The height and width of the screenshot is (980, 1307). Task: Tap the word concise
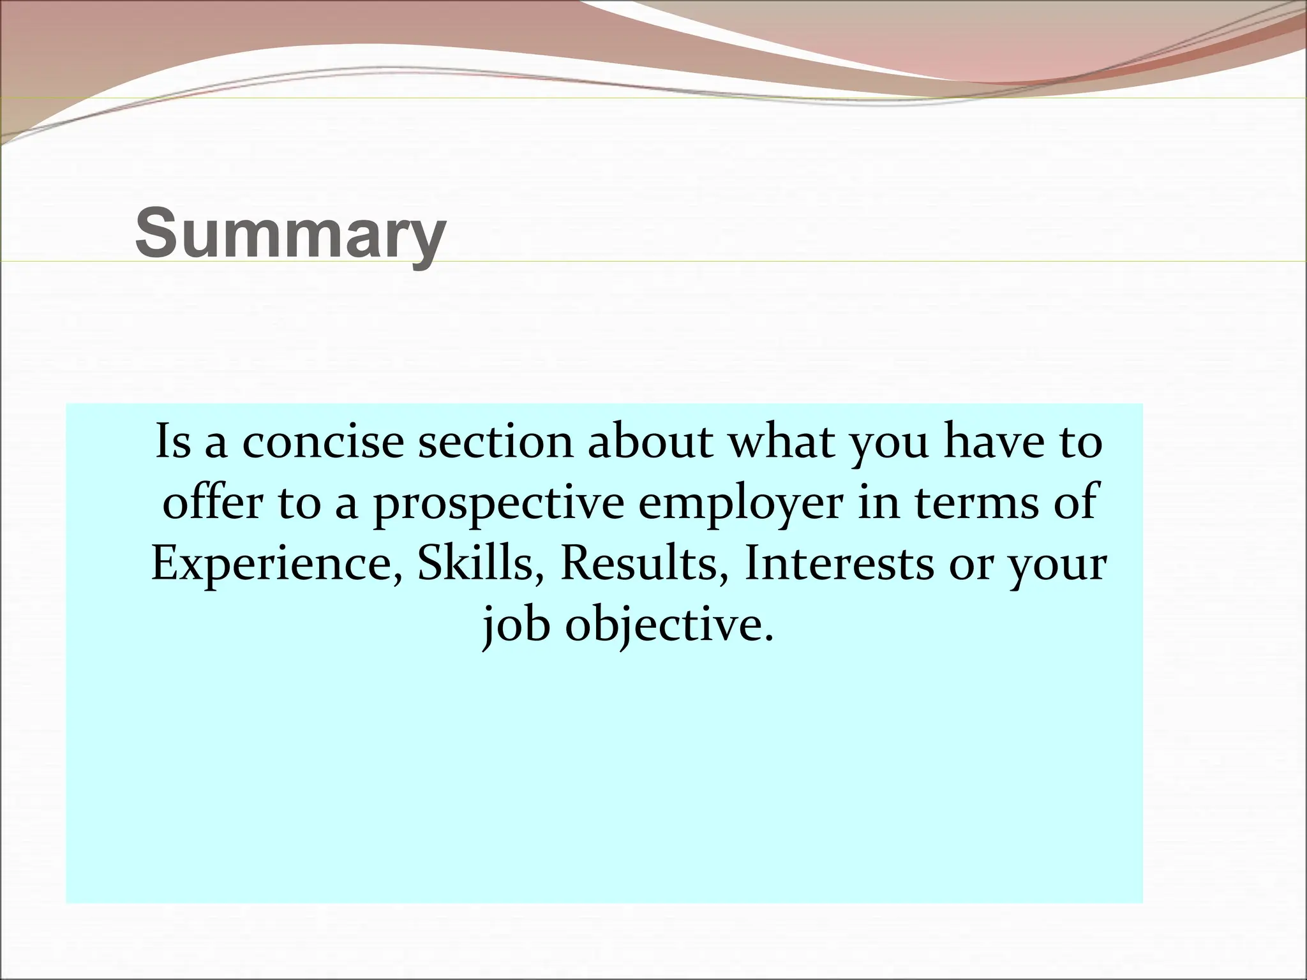[324, 442]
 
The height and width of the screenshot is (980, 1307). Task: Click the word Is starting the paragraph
[172, 442]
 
